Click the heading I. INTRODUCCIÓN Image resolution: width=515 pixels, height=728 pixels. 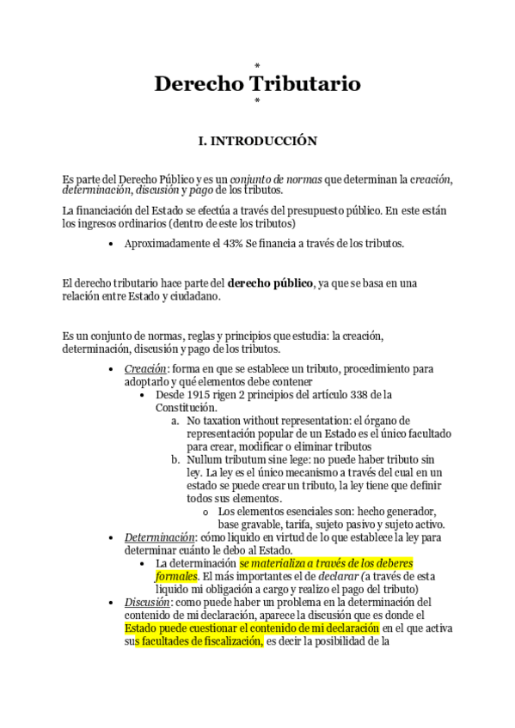point(257,140)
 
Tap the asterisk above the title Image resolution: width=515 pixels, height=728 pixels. point(257,65)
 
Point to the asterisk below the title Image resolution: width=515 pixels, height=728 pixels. point(257,102)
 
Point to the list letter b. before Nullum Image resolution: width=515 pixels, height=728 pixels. point(175,460)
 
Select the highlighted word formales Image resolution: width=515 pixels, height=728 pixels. point(176,576)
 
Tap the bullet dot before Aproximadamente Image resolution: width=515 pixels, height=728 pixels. point(113,245)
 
